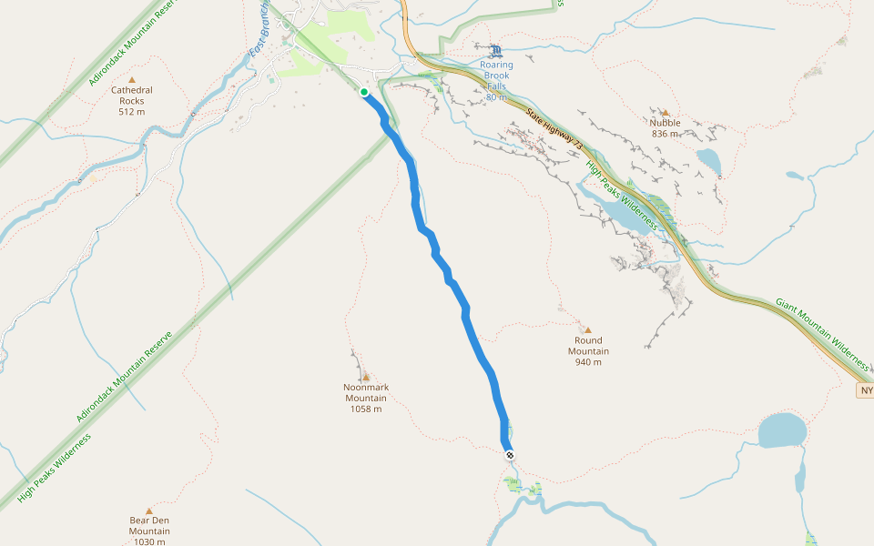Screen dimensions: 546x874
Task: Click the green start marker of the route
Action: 364,92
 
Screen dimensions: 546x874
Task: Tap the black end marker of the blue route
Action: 510,455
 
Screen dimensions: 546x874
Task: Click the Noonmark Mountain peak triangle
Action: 367,377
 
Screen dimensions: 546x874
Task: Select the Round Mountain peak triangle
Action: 587,329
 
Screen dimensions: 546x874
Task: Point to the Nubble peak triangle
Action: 665,112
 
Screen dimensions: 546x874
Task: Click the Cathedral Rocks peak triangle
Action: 131,80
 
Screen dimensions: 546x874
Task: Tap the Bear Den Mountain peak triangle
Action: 148,511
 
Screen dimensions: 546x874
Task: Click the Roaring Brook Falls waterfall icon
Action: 495,51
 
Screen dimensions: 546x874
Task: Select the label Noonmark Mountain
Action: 366,392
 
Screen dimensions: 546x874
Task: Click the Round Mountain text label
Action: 588,346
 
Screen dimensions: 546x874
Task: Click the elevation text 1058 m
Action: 366,409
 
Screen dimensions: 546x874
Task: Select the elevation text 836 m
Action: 666,134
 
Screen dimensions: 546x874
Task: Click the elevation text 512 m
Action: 132,112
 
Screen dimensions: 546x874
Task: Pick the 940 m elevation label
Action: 588,362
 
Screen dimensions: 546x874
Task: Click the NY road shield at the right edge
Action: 865,390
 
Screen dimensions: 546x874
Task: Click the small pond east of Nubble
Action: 709,161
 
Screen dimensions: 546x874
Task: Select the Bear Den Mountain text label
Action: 149,526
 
